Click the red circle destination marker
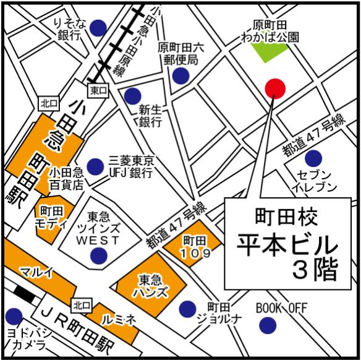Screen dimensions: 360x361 [275, 88]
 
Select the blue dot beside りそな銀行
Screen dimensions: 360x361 [98, 28]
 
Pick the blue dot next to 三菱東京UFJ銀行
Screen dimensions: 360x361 [95, 166]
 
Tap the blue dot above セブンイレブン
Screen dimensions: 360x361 [313, 158]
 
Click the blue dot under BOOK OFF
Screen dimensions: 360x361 [268, 324]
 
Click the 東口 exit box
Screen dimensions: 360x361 [98, 90]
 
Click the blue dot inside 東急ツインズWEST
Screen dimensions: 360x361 [98, 255]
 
